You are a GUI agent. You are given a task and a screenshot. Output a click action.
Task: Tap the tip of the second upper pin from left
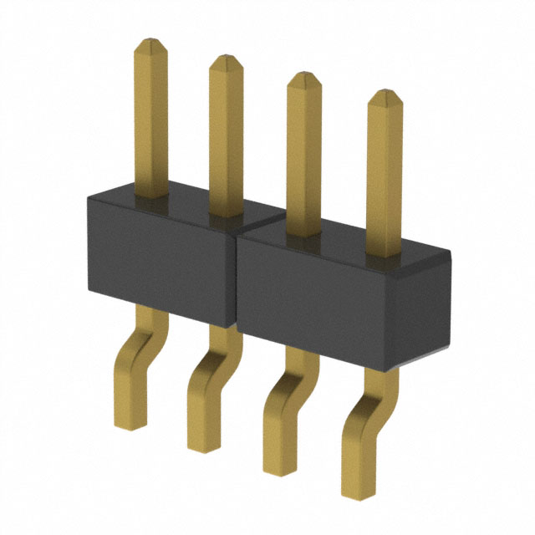pyautogui.click(x=226, y=61)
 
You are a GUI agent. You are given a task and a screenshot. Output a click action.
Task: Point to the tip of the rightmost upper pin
pyautogui.click(x=385, y=97)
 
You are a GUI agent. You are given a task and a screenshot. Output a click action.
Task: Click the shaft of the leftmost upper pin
pyautogui.click(x=150, y=117)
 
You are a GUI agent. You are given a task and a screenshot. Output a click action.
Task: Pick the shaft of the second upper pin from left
pyautogui.click(x=226, y=134)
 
